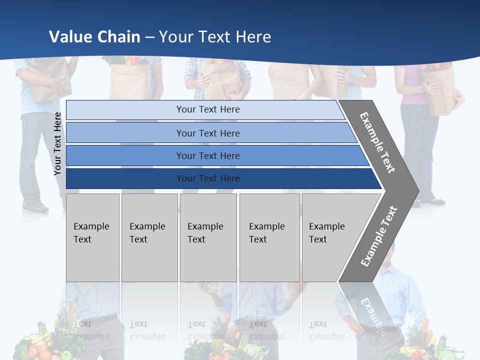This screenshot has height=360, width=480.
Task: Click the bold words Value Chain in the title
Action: [x=94, y=37]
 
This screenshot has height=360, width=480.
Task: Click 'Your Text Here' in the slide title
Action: [x=215, y=37]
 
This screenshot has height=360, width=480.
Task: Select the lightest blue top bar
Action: [x=207, y=109]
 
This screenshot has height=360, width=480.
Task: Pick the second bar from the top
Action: [x=207, y=133]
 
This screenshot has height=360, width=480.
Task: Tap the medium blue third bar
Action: [x=207, y=155]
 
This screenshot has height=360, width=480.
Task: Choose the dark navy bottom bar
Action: [x=207, y=178]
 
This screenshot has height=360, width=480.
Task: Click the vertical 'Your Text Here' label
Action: [x=58, y=143]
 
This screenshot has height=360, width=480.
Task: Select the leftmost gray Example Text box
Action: [x=92, y=237]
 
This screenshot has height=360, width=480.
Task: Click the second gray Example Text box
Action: [x=149, y=237]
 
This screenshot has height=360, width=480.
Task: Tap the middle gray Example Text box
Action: [x=208, y=237]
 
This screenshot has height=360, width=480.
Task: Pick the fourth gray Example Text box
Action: [x=269, y=237]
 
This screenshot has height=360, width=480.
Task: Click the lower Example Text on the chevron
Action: [x=379, y=236]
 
